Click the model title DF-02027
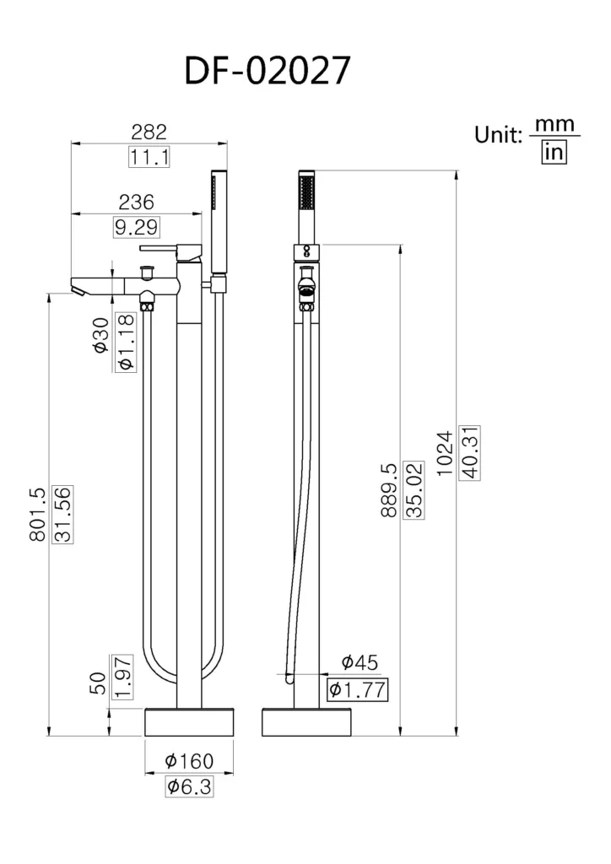(267, 72)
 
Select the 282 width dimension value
(149, 132)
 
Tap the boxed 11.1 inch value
(150, 157)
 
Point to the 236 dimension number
(136, 202)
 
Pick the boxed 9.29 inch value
(135, 227)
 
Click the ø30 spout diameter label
(100, 334)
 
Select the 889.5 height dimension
(388, 489)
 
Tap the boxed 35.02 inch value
(414, 489)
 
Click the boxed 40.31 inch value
(469, 453)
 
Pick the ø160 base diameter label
(189, 761)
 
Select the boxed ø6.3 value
(189, 787)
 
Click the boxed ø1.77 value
(357, 689)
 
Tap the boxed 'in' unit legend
(554, 152)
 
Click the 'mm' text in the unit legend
(554, 126)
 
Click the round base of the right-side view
(306, 722)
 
